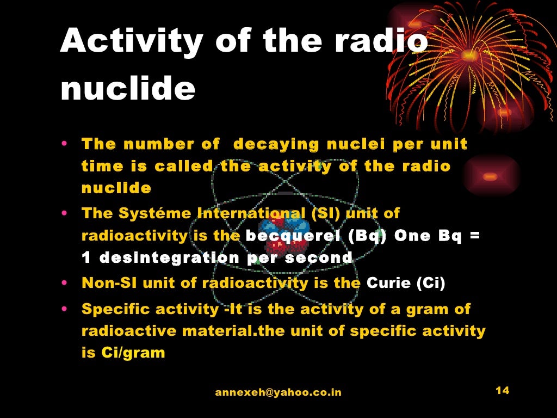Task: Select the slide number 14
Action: (x=502, y=390)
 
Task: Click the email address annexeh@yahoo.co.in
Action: (x=278, y=392)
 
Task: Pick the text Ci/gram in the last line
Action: (x=133, y=352)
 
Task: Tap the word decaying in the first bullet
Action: (x=276, y=144)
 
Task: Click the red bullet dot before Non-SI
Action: (x=64, y=282)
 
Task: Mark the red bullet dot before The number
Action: (x=64, y=144)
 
